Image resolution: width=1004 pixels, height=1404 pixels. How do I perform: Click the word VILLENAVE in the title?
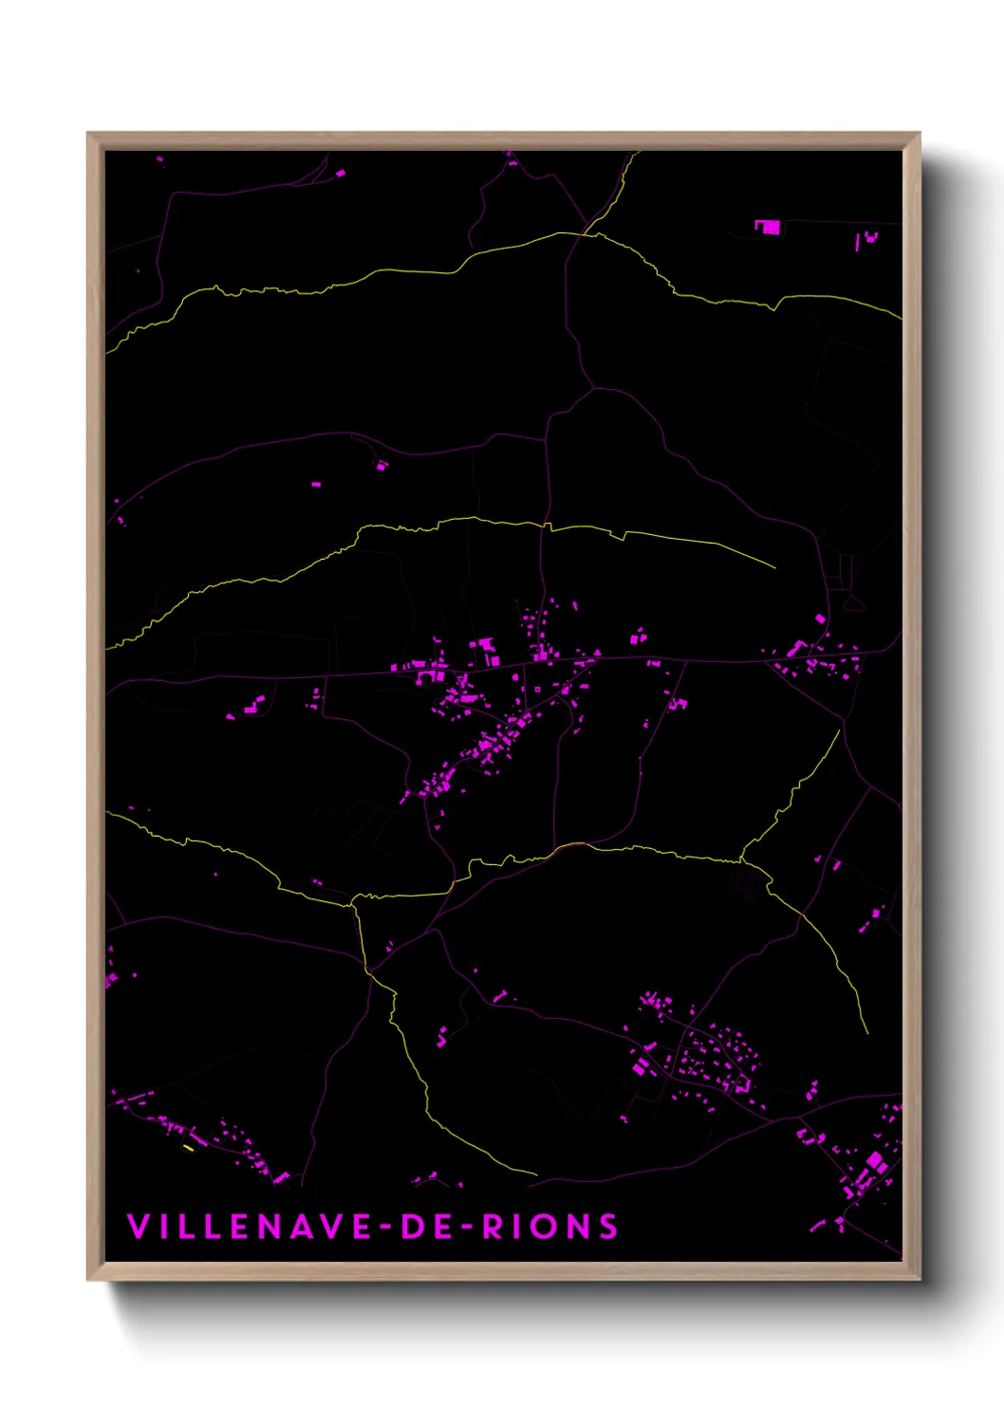(250, 1227)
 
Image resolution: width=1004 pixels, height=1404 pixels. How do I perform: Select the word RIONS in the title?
(550, 1227)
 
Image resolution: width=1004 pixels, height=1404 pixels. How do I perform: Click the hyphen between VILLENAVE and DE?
(386, 1228)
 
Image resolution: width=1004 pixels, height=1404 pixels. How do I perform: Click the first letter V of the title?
(138, 1227)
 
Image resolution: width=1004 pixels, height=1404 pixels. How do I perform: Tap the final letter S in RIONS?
(608, 1227)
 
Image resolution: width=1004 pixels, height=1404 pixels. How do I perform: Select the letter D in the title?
(415, 1227)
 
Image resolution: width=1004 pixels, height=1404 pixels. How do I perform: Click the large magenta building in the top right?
(768, 227)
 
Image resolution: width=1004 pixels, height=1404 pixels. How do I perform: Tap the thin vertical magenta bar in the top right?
(858, 241)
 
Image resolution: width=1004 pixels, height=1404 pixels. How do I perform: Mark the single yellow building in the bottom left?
(188, 1148)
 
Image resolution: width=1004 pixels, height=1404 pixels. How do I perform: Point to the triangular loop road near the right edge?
(853, 601)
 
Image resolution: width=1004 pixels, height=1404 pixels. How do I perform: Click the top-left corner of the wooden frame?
(89, 135)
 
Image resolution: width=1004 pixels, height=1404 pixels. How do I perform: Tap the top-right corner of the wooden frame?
(918, 135)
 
